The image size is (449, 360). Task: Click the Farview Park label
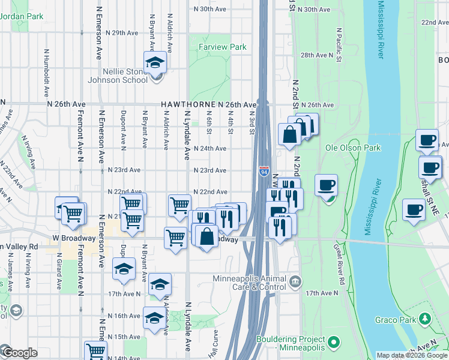pyautogui.click(x=223, y=46)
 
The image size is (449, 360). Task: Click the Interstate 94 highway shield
pyautogui.click(x=264, y=172)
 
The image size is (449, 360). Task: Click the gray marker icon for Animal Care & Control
pyautogui.click(x=295, y=281)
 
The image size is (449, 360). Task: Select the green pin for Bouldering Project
pyautogui.click(x=333, y=343)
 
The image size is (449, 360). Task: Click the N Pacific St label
pyautogui.click(x=340, y=45)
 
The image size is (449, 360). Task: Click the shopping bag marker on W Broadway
pyautogui.click(x=206, y=236)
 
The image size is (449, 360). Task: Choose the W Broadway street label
pyautogui.click(x=73, y=238)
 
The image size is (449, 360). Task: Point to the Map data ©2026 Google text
pyautogui.click(x=411, y=355)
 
